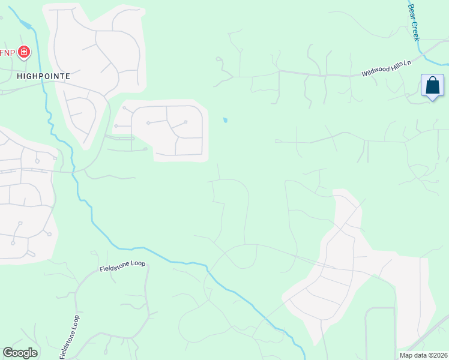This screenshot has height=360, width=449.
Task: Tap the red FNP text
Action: pyautogui.click(x=8, y=53)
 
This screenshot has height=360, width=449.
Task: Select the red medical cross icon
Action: pyautogui.click(x=24, y=53)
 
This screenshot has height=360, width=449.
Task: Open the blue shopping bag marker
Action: pyautogui.click(x=432, y=86)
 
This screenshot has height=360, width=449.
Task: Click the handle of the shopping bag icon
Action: pyautogui.click(x=432, y=82)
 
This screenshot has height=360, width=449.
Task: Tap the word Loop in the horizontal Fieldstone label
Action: pyautogui.click(x=137, y=263)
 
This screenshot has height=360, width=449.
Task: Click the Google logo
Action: pyautogui.click(x=20, y=353)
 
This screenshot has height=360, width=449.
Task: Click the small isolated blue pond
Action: pyautogui.click(x=225, y=120)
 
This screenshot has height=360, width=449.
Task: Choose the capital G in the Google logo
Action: pyautogui.click(x=8, y=353)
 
